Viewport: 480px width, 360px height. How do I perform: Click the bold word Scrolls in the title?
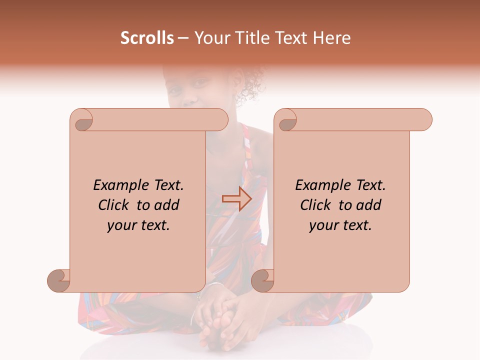(147, 38)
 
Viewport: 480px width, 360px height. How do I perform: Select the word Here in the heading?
(331, 38)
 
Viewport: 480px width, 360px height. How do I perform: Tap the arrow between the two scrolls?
(236, 198)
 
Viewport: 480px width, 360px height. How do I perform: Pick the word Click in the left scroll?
(114, 205)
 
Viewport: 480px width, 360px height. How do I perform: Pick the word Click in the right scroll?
(315, 205)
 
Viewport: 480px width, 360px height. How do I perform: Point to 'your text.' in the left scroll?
(138, 225)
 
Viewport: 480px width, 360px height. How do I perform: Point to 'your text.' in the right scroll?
(340, 225)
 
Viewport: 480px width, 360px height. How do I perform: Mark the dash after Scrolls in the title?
(183, 38)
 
